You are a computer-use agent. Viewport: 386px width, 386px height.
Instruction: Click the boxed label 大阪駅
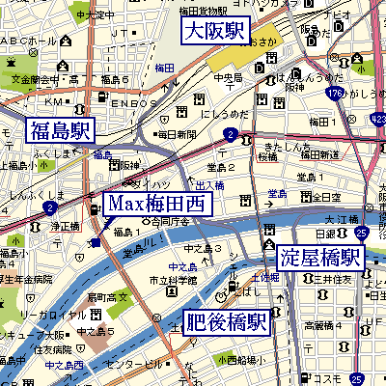216,32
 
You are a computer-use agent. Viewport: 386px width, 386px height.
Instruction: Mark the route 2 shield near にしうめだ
230,134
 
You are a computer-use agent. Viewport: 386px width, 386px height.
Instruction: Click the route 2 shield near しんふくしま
49,207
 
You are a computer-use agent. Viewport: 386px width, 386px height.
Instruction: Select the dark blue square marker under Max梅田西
95,241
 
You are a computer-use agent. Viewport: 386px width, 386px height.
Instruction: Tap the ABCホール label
29,41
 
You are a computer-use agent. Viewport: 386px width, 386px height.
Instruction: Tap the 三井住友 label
328,279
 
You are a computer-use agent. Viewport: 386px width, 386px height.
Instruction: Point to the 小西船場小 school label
236,360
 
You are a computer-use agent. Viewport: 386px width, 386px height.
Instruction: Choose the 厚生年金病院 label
27,279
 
